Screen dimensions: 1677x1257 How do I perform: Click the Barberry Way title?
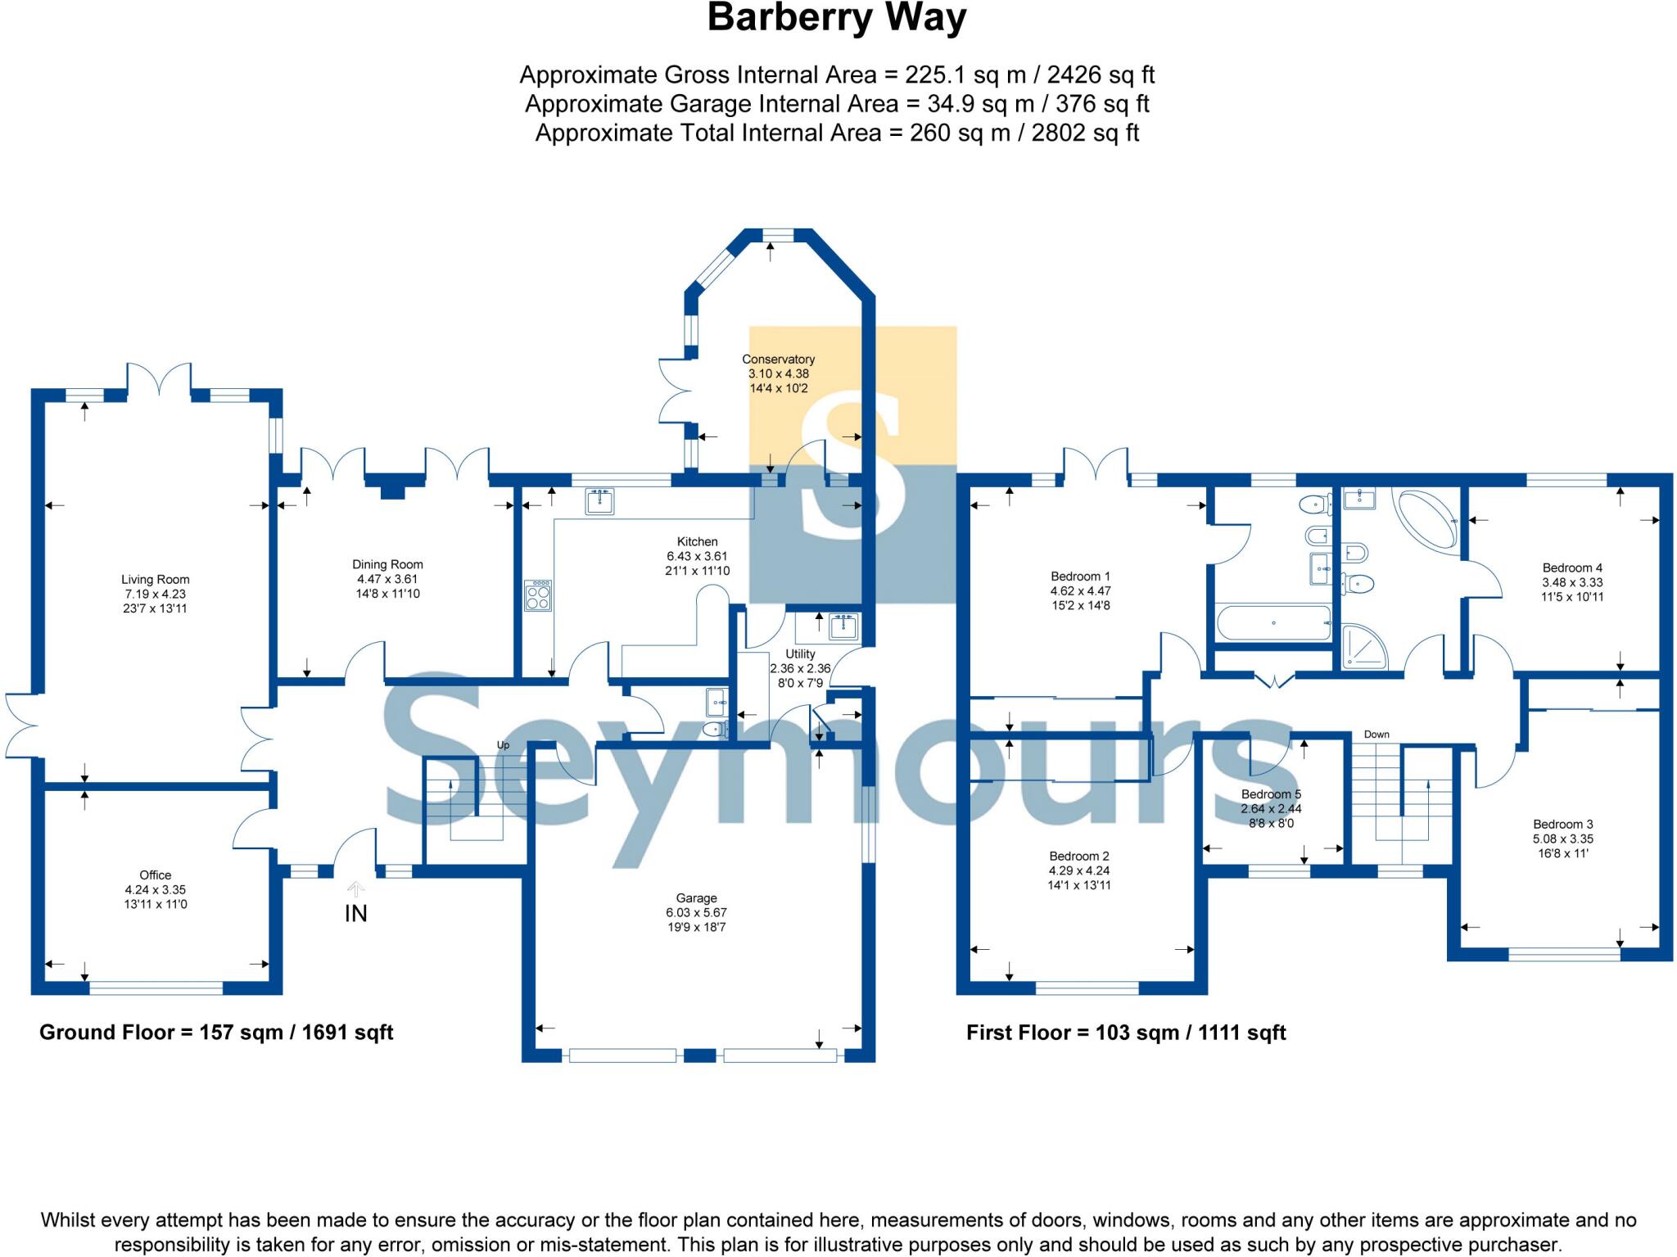837,18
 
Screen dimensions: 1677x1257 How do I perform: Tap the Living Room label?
156,580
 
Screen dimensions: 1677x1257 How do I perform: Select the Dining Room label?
387,564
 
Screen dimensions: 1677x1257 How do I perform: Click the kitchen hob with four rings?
538,595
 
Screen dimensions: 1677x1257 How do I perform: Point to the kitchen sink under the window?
600,501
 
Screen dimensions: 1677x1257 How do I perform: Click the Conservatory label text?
778,359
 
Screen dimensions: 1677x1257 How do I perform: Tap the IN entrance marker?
355,913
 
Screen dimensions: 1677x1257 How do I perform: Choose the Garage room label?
696,898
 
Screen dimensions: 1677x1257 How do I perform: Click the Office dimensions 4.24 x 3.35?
156,890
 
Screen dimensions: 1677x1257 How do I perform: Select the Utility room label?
800,654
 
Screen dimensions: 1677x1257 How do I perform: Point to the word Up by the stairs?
503,745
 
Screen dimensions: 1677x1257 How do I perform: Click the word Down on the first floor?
1376,735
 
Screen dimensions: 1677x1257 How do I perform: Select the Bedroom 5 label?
1271,794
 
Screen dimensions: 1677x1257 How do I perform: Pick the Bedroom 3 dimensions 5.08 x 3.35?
1563,839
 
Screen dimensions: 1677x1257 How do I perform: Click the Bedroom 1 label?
1080,577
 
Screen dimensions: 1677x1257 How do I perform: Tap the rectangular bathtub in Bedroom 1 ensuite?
1273,623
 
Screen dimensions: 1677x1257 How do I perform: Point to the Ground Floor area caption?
216,1033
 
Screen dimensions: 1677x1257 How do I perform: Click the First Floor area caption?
1126,1033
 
